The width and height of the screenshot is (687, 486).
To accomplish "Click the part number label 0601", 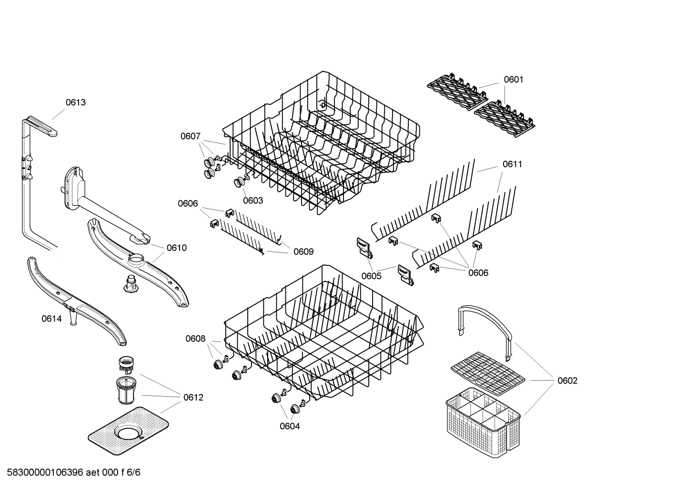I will [513, 80].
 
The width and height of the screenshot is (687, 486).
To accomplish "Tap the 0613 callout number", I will [76, 102].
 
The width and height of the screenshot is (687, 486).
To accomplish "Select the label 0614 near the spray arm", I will [51, 319].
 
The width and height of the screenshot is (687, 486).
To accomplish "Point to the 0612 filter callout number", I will [193, 397].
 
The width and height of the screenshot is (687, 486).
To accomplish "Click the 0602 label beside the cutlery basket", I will [567, 381].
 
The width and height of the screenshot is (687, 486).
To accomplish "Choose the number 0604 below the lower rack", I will [290, 426].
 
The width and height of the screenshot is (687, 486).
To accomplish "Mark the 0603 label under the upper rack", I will [253, 200].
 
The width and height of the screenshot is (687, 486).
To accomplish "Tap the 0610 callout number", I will [177, 248].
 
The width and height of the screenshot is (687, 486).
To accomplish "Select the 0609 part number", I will [303, 252].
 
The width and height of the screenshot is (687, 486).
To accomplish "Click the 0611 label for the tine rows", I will [512, 164].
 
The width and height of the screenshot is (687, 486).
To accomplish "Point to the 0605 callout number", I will [371, 276].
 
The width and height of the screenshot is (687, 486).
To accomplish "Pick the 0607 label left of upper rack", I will [190, 136].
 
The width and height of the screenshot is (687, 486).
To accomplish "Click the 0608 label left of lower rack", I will [195, 339].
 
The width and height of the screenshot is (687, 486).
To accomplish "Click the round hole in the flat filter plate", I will [129, 434].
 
